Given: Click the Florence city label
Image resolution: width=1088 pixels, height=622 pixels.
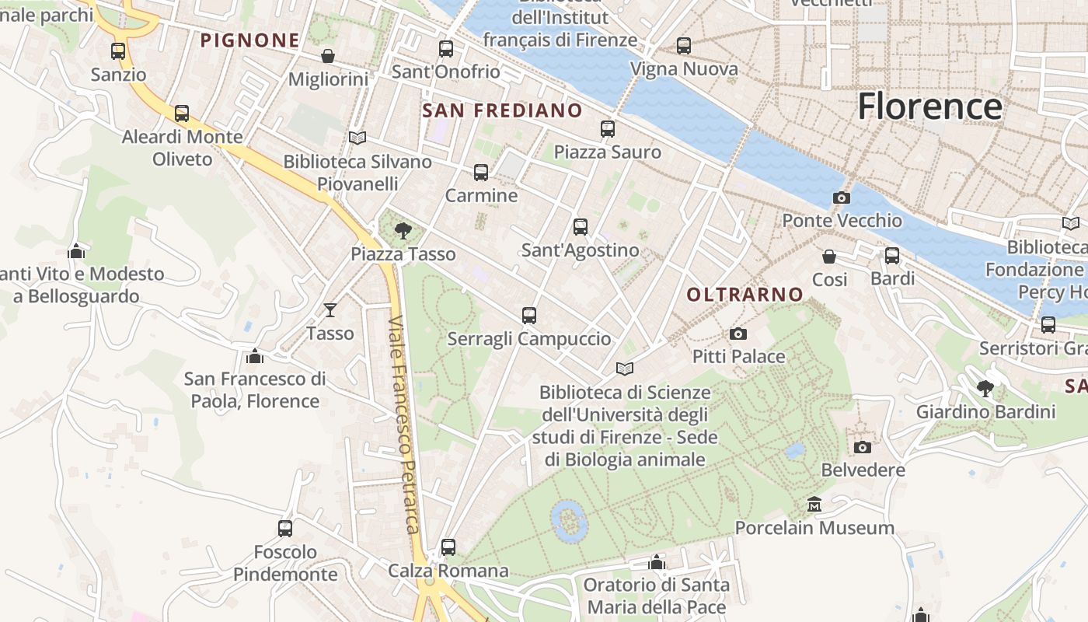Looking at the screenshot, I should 929,107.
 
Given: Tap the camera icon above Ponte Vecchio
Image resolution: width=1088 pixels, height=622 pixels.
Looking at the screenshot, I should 841,198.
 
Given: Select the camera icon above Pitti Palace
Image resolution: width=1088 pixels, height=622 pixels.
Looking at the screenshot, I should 738,334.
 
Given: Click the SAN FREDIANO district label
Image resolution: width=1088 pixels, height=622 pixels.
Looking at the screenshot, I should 502,110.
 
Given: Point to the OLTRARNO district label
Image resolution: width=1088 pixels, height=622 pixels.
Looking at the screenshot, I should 745,295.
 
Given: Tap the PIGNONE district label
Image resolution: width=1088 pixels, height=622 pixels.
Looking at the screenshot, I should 250,40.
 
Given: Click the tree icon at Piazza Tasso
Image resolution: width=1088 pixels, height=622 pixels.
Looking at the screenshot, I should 403,230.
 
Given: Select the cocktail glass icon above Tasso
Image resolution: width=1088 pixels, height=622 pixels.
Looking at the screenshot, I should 330,310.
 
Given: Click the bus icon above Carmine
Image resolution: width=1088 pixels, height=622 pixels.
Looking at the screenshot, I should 481,173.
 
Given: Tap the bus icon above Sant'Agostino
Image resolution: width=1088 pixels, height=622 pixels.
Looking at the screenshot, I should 581,227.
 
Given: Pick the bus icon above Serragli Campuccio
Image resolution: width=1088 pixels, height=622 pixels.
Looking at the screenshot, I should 529,316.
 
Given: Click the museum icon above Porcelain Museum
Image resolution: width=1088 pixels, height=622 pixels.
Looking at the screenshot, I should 814,505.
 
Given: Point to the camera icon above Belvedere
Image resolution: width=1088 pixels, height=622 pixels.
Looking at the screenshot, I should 863,447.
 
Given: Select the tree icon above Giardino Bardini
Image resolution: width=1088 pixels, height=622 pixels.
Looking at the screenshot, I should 985,388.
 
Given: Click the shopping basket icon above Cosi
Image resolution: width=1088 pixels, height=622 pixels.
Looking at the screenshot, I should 829,256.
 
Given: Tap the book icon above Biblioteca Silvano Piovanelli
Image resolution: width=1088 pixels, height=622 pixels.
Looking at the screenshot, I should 357,138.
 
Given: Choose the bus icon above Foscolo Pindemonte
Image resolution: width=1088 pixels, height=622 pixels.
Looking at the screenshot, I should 285,529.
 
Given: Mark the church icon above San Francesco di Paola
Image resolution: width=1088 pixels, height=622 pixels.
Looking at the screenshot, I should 254,356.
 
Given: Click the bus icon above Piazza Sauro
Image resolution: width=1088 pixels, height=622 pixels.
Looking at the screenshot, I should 608,129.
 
